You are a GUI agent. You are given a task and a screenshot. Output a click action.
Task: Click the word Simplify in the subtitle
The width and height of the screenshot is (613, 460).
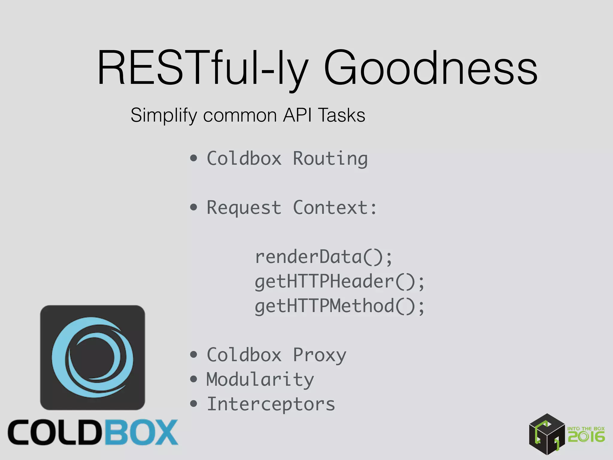click(x=164, y=116)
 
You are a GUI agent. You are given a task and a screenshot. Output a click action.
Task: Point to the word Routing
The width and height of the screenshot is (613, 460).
click(x=330, y=158)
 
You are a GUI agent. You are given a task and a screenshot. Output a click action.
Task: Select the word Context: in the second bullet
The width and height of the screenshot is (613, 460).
click(x=335, y=207)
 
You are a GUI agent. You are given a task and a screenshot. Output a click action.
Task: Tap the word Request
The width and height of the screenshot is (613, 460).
click(x=244, y=208)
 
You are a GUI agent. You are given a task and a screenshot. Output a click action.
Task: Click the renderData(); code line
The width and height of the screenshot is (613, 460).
click(x=323, y=257)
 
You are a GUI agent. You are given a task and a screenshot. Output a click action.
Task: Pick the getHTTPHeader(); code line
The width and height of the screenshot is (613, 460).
click(x=339, y=282)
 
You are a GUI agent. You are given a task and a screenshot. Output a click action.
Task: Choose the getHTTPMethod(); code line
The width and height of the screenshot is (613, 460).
click(x=339, y=306)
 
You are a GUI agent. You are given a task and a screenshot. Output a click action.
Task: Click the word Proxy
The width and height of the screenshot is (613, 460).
click(x=319, y=355)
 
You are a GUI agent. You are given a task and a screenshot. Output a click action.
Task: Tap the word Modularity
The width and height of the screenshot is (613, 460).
click(x=260, y=379)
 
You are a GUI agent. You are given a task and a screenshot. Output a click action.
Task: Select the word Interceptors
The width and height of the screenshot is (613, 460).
click(x=271, y=404)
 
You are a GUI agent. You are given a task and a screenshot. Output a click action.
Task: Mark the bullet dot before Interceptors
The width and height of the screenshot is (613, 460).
click(x=194, y=404)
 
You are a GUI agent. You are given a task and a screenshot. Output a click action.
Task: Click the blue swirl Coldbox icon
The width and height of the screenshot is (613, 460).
click(x=92, y=357)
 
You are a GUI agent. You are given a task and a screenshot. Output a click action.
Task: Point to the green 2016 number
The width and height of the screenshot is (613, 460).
click(x=586, y=437)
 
